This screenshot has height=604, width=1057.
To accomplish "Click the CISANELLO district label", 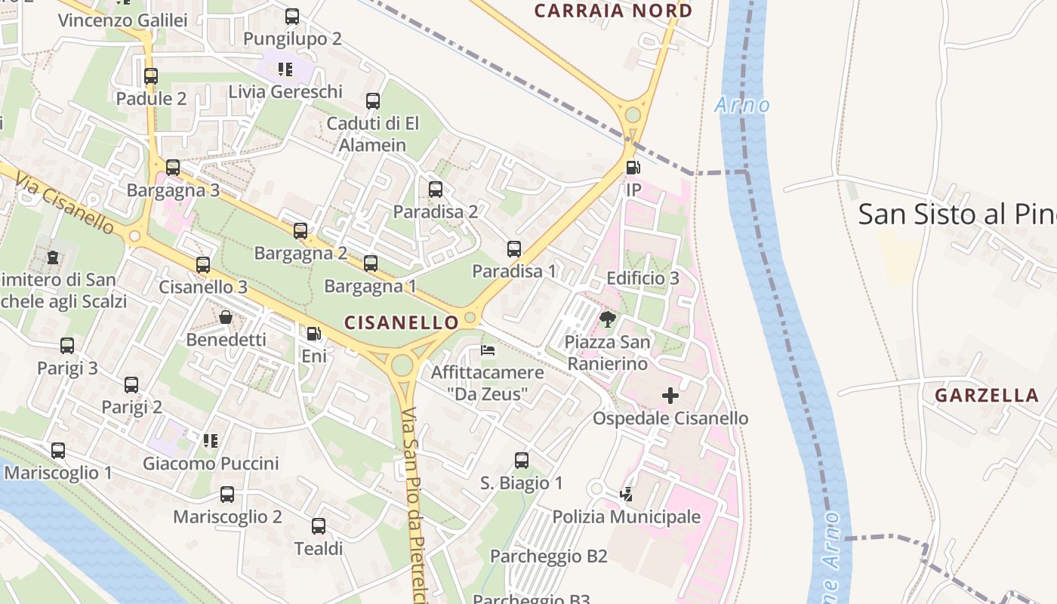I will click(x=401, y=322).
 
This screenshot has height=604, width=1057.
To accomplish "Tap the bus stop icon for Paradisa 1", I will click(x=514, y=248).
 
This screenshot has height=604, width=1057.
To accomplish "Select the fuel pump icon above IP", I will click(x=633, y=168).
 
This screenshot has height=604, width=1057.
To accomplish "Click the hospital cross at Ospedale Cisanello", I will click(x=670, y=395).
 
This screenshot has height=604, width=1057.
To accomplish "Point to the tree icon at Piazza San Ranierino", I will click(x=607, y=319).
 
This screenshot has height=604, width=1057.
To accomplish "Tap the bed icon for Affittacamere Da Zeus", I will click(x=488, y=350).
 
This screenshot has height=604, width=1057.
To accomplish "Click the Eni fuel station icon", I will click(x=313, y=333).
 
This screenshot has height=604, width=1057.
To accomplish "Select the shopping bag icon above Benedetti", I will click(x=225, y=317).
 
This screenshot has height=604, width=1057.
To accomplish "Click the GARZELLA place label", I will click(x=987, y=395).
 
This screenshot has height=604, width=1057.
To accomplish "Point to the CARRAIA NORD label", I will click(x=613, y=11).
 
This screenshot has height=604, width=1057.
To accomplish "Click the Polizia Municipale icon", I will click(x=626, y=495).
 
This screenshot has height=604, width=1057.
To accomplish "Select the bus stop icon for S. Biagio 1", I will click(x=521, y=460).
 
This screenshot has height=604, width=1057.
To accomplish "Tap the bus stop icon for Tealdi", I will click(x=319, y=526).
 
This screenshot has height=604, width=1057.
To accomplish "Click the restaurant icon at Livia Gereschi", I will click(x=285, y=69).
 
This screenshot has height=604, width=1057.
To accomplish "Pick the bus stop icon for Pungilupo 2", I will click(x=292, y=16).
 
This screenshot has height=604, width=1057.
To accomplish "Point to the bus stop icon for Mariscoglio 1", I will click(x=58, y=451).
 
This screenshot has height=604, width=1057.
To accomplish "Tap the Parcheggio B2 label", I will click(x=549, y=556).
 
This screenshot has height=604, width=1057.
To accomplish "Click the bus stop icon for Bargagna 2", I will click(x=300, y=230).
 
